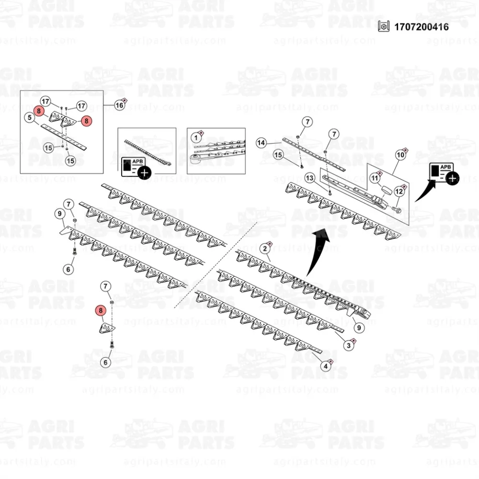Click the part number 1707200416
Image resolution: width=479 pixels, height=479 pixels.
point(421,27)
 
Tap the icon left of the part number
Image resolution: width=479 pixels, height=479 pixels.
point(383,26)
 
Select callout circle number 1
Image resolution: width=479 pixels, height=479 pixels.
point(195,137)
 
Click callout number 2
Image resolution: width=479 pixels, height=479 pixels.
point(264,248)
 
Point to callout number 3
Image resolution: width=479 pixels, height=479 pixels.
point(349,344)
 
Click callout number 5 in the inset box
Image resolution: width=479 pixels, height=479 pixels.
point(30,117)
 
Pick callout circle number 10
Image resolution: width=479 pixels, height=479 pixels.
point(400,155)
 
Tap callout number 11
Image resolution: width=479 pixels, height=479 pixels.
point(376,178)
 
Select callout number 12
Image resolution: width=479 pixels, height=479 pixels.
point(399,191)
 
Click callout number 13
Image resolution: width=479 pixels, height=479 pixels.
point(310,178)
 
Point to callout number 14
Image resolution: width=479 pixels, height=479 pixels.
point(261,143)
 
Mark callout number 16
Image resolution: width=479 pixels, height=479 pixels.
point(119,105)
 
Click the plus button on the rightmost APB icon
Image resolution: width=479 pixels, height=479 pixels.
point(452,179)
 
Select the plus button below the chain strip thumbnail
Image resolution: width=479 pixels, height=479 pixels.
point(143,172)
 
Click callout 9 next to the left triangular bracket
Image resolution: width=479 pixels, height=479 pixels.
point(60,213)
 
